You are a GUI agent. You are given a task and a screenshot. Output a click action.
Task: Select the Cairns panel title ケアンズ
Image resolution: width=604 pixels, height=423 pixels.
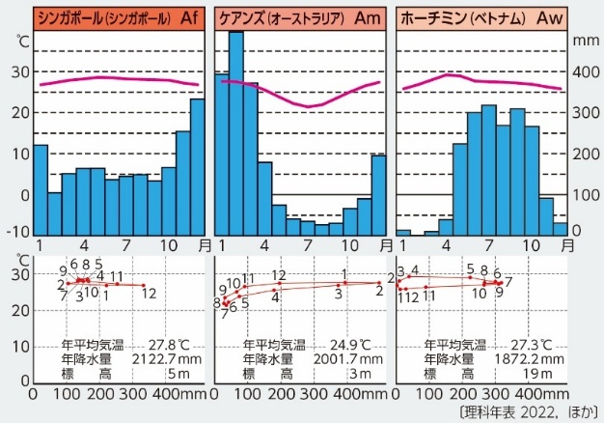[236, 17]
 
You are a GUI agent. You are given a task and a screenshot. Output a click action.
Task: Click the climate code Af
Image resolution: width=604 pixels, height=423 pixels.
[191, 17]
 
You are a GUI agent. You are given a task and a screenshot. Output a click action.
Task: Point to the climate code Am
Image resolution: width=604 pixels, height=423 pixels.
[369, 17]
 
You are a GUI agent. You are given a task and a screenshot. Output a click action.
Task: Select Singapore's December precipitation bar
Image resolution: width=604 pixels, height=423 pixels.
[197, 166]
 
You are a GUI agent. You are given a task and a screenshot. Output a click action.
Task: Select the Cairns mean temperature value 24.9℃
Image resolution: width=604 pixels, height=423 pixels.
[352, 344]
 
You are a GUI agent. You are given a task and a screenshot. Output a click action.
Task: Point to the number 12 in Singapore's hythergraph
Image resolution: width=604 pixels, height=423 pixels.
[149, 293]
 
